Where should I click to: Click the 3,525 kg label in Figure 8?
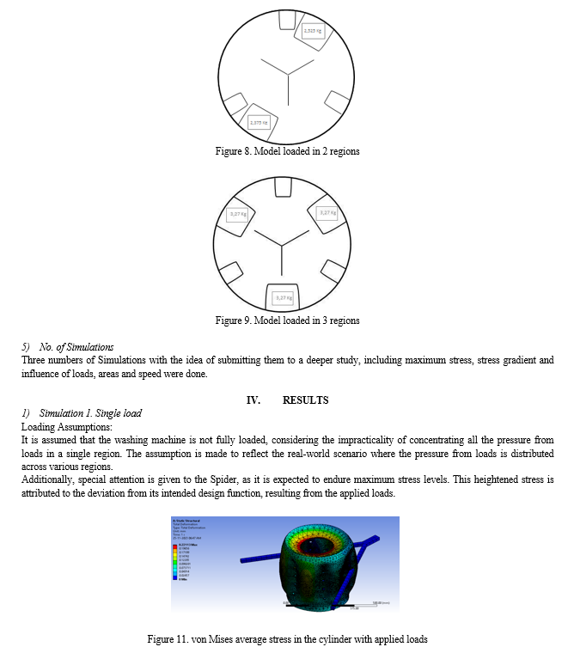313,32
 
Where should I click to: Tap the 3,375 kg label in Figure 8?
259,123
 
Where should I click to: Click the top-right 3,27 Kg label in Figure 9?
327,212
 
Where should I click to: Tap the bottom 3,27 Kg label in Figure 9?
282,297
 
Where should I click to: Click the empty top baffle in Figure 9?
282,186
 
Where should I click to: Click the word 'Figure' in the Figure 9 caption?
226,320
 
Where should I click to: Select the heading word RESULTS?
305,400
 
